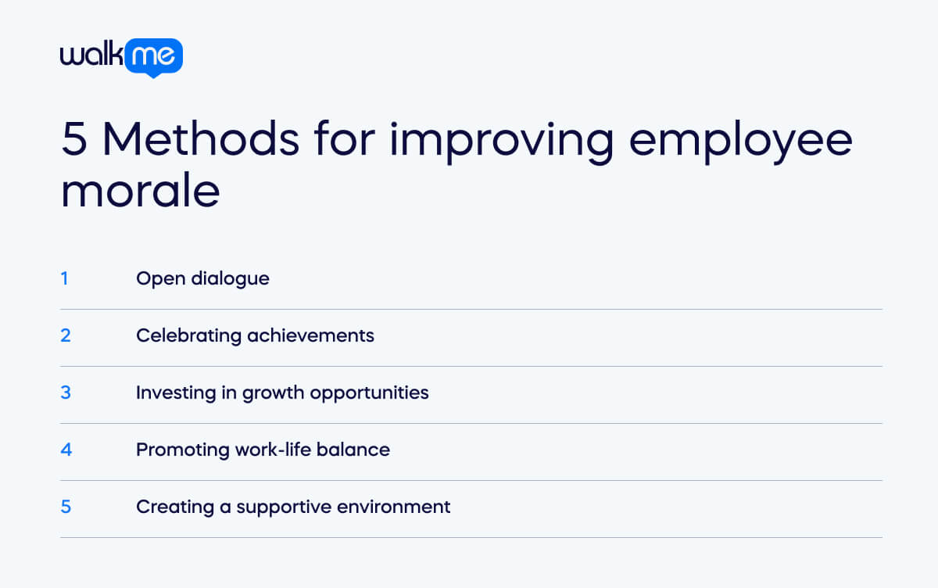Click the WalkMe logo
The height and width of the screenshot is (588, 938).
coord(121,57)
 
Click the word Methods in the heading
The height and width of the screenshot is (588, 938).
coord(200,140)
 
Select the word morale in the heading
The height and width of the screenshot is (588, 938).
coord(140,191)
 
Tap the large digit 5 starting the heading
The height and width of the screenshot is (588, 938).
coord(74,140)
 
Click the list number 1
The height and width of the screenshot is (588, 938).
coord(65,278)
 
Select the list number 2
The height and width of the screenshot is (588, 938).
coord(66,335)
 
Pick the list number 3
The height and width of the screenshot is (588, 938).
coord(66,393)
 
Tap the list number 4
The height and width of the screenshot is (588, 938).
coord(66,450)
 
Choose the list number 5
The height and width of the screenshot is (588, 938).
coord(66,507)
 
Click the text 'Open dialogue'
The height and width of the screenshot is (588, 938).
coord(202,278)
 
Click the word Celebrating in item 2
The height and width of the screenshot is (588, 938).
coord(188,335)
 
